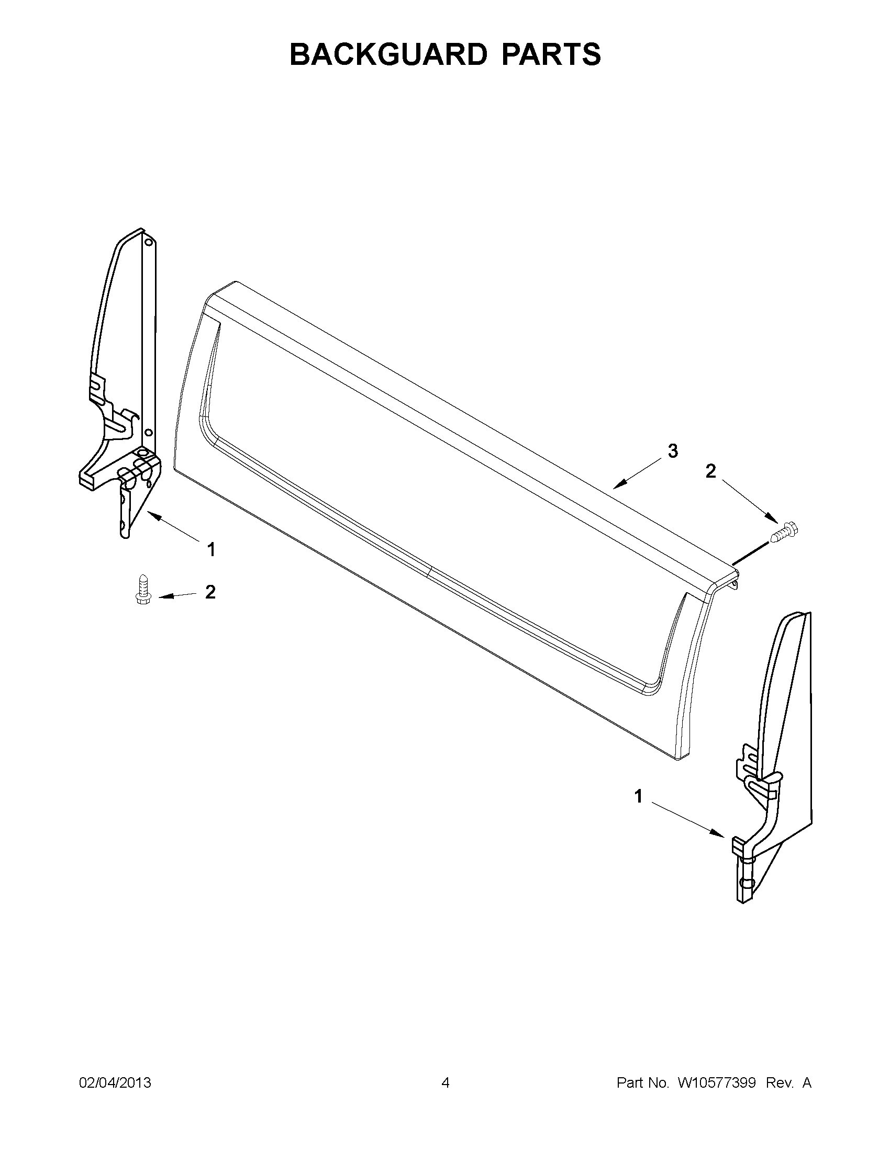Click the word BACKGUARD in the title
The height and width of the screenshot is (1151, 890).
pos(387,55)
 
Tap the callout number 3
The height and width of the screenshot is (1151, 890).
pos(673,451)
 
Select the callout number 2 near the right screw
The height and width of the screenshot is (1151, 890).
pos(711,471)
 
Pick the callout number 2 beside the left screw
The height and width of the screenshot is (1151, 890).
pos(210,592)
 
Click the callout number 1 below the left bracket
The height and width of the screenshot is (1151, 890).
pos(211,550)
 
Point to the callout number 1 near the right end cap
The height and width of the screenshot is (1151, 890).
pos(639,811)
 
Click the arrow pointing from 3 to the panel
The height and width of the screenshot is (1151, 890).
pos(638,472)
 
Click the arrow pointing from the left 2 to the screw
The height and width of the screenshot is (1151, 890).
pos(176,595)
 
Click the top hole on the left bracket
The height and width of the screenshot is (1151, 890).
pos(149,243)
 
